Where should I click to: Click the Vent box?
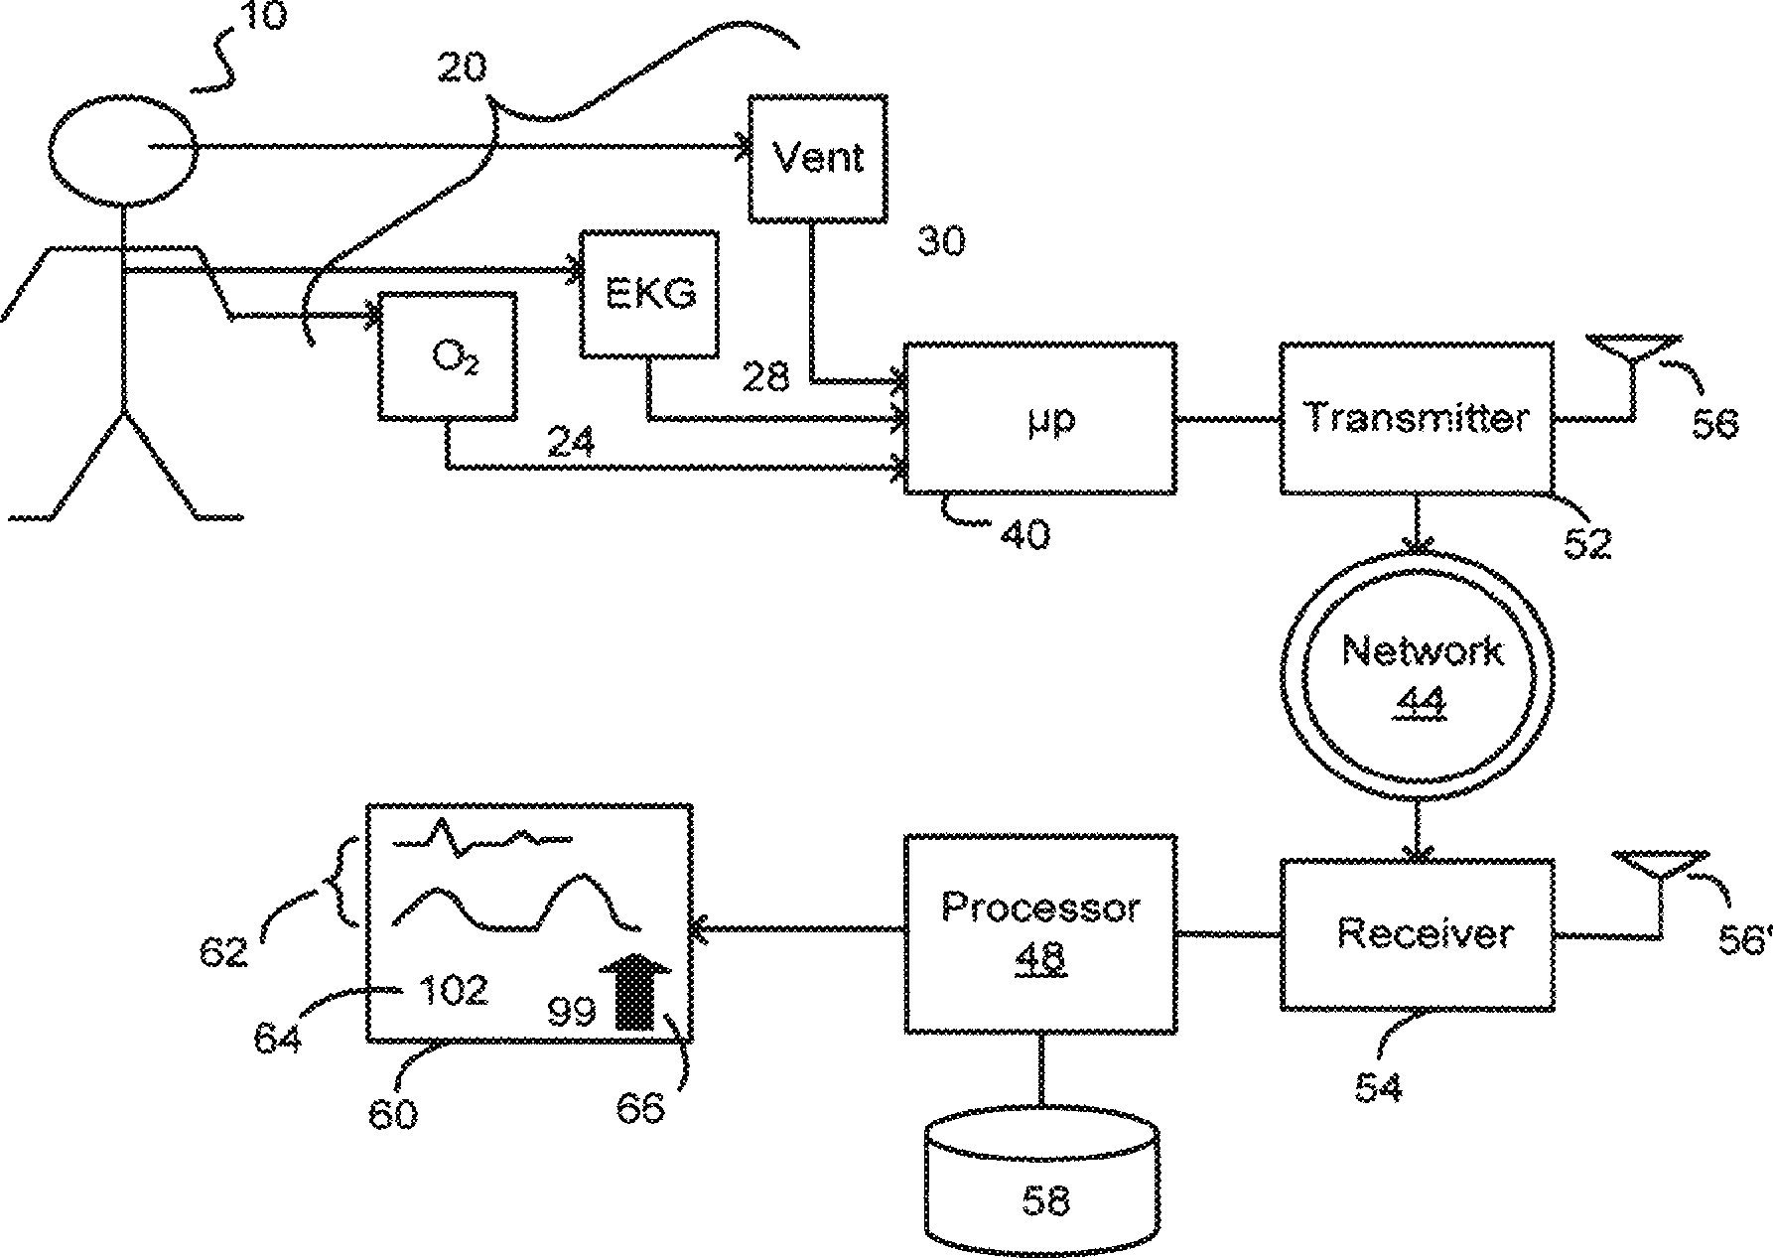click(x=817, y=159)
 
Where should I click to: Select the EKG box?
click(x=650, y=294)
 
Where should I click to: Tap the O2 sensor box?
click(x=448, y=355)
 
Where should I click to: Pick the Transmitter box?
click(x=1416, y=418)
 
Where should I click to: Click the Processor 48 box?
click(x=1040, y=934)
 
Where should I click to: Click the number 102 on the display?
click(x=453, y=990)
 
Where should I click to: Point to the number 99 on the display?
click(x=572, y=1012)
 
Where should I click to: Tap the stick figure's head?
click(x=124, y=146)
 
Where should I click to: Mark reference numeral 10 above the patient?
click(x=261, y=18)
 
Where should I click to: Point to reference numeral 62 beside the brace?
click(x=222, y=953)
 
